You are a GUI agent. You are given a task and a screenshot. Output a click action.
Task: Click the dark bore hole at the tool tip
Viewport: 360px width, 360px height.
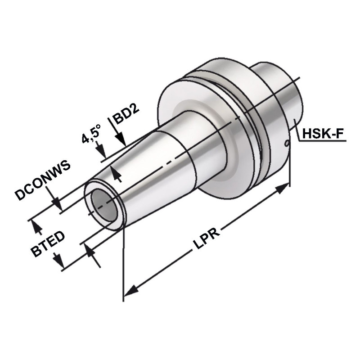coord(104,205)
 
